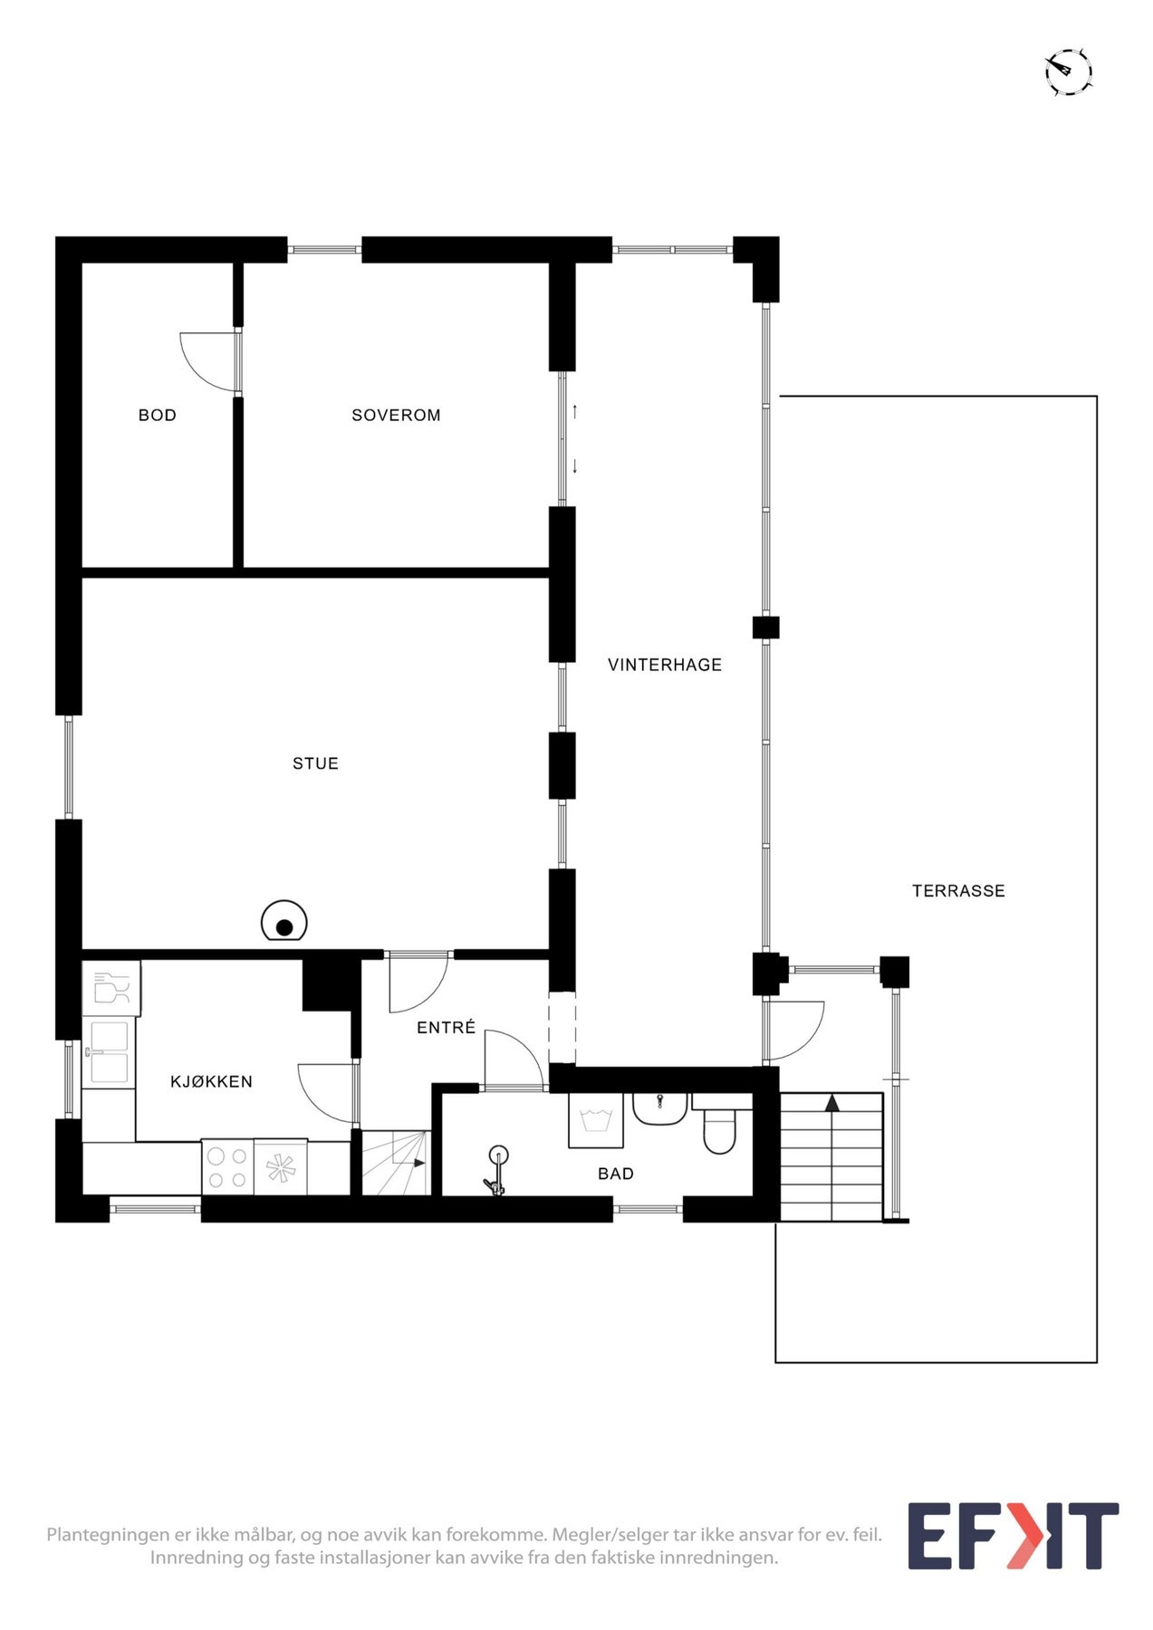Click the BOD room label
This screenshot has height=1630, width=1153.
(157, 416)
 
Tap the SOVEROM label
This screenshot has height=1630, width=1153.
(396, 416)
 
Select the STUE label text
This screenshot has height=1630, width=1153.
(315, 763)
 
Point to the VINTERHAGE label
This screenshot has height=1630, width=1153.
(665, 665)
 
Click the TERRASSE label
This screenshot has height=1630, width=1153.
(958, 891)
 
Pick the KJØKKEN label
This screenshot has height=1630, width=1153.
(211, 1081)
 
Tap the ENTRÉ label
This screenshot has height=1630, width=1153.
(446, 1027)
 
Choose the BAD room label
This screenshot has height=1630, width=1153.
(616, 1174)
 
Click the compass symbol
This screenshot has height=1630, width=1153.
(1069, 72)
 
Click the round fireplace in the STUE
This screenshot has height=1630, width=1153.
(284, 923)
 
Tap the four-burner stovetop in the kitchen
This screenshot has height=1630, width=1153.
(227, 1166)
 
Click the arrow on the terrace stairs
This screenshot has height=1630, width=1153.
(831, 1103)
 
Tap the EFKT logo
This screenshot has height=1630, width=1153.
(1014, 1536)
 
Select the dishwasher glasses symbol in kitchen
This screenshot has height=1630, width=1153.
(111, 988)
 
